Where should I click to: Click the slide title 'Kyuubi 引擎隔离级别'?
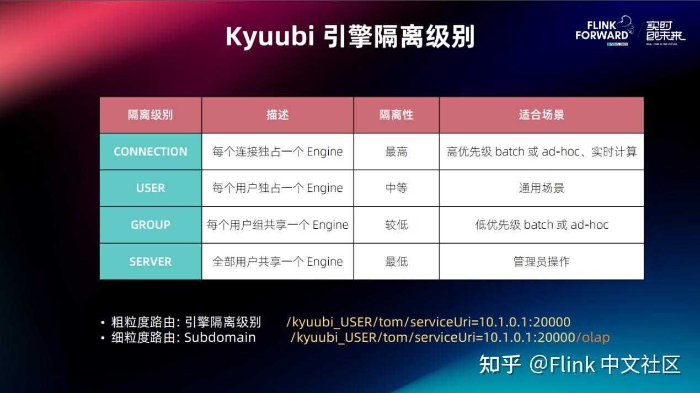click(350, 36)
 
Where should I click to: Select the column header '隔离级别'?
click(150, 115)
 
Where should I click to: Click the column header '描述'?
click(277, 115)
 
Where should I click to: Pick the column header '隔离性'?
click(396, 115)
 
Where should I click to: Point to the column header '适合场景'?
click(541, 115)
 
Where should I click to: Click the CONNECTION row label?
click(150, 152)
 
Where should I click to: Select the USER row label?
click(150, 188)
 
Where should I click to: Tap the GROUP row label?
click(150, 225)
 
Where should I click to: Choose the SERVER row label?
click(150, 262)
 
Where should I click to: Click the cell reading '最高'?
click(396, 152)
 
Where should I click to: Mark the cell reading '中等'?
click(396, 188)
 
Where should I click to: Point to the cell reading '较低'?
click(396, 225)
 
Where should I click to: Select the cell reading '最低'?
click(396, 262)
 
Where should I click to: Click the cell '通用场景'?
click(541, 188)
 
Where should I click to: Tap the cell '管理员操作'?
click(541, 262)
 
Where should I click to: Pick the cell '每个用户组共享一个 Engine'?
click(277, 225)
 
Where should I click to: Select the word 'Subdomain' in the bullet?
click(220, 337)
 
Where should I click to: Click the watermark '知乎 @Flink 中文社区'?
click(579, 364)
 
